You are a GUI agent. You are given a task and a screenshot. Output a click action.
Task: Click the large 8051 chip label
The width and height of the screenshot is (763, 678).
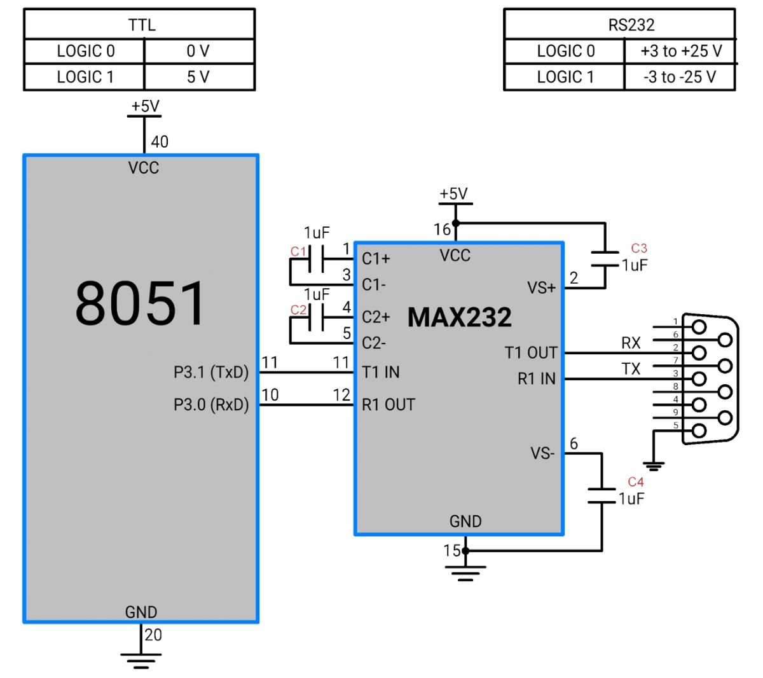(141, 303)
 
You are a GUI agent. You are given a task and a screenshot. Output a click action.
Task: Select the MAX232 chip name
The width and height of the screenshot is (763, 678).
(459, 317)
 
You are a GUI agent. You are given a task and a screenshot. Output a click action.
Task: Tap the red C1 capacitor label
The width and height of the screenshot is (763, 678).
(298, 251)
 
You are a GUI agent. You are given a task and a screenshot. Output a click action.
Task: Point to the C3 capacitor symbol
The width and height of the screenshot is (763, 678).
(603, 259)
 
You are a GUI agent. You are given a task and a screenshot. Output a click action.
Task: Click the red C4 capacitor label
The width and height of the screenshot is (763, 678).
(635, 481)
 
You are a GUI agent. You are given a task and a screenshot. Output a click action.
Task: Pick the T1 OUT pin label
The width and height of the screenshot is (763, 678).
(531, 352)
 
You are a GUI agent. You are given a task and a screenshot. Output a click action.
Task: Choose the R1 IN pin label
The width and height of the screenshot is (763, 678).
(537, 379)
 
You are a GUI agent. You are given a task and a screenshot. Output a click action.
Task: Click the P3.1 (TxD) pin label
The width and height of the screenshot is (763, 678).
(211, 372)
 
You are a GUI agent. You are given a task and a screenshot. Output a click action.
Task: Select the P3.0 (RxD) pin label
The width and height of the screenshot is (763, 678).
(211, 405)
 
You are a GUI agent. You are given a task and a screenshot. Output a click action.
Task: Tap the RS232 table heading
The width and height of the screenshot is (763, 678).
(631, 25)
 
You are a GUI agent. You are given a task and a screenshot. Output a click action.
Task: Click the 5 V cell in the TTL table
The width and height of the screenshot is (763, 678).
(198, 77)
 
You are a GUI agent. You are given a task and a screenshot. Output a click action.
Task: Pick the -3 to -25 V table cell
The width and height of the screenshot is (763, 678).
(679, 77)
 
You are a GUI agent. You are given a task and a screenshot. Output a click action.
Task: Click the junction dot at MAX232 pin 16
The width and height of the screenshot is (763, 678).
(455, 223)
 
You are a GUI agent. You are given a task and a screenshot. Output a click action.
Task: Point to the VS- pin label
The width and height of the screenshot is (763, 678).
(542, 453)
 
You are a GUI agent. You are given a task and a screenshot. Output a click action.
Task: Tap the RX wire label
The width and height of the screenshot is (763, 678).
(631, 343)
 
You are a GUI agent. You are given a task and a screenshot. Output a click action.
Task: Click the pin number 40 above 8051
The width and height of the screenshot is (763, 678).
(160, 142)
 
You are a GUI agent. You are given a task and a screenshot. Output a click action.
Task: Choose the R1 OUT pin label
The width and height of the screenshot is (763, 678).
(388, 405)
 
